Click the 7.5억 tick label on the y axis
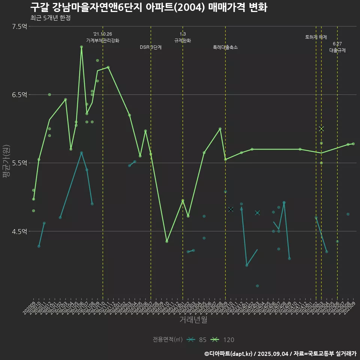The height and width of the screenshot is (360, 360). coord(19,26)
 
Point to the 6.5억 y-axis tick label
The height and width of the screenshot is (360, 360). coord(19,94)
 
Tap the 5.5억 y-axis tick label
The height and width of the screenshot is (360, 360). coord(19,163)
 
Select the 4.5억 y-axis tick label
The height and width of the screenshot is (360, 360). coord(19,231)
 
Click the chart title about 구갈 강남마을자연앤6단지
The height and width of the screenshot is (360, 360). coord(148,7)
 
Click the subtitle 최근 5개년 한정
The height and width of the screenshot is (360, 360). coord(50,18)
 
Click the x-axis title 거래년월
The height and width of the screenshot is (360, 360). coord(193,320)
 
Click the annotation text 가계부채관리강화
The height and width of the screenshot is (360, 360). coord(103,40)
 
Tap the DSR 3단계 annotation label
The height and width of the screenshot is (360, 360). coord(151,47)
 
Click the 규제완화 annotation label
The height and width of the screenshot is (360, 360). coord(183,40)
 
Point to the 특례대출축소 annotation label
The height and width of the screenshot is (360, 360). coord(225,47)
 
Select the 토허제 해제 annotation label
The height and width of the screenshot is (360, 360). coord(316,37)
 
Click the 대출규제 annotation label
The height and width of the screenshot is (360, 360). coord(337,50)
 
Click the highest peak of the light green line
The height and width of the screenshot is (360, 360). coord(81,47)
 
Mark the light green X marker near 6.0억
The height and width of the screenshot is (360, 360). coord(321,129)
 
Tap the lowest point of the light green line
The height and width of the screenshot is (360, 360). coord(166,241)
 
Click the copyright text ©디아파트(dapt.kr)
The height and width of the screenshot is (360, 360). coord(228,353)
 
